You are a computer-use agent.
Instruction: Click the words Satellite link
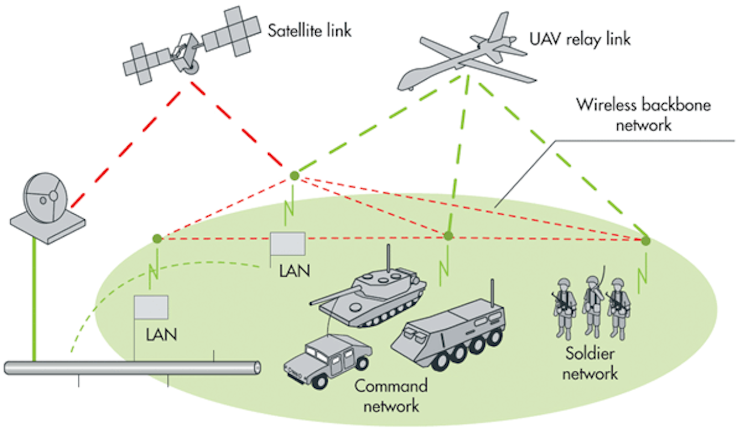(310, 30)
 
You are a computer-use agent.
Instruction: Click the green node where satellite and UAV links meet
(294, 176)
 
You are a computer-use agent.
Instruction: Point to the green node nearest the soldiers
(646, 240)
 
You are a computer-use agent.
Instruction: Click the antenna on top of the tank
(387, 258)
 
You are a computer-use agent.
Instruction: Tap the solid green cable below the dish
(34, 302)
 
